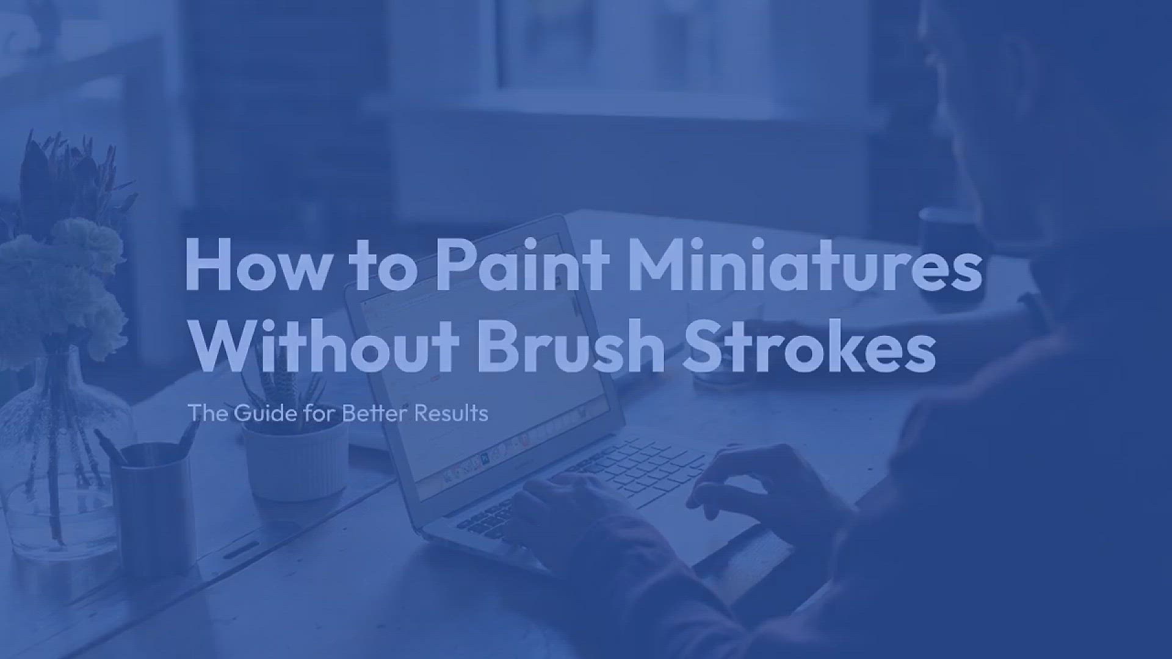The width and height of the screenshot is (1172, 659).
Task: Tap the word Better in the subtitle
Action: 374,413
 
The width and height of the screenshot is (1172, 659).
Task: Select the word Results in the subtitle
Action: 451,413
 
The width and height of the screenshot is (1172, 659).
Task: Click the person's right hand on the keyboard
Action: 769,488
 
